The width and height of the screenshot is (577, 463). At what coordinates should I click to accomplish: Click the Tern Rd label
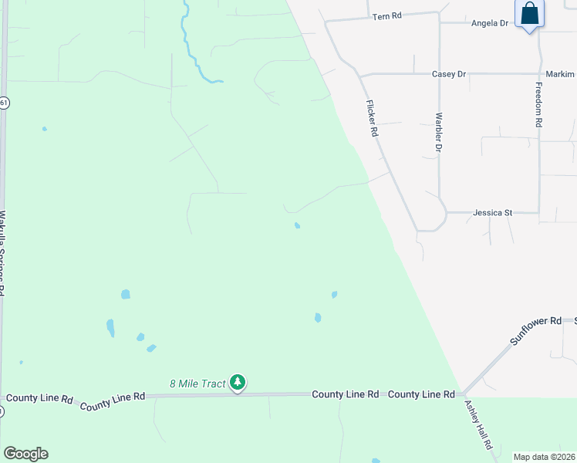pos(388,15)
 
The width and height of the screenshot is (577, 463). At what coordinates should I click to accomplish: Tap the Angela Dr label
pos(490,23)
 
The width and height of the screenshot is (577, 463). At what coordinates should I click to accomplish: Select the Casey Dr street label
pos(449,74)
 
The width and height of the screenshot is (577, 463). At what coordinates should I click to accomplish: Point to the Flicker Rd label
pos(372,119)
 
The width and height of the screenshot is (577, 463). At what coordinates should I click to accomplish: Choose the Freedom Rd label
pos(538,106)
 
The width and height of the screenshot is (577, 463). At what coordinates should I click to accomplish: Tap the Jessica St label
pos(493,212)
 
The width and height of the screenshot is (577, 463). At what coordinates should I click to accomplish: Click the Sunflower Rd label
pos(535,330)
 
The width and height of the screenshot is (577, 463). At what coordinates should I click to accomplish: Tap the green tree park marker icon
pos(238,382)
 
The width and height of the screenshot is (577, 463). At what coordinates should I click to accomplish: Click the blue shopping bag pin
pos(529,15)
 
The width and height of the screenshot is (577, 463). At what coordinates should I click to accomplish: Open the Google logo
pos(25,454)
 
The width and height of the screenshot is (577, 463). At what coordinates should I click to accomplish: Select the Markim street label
pos(560,74)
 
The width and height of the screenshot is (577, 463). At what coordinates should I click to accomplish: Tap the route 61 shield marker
pos(4,102)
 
